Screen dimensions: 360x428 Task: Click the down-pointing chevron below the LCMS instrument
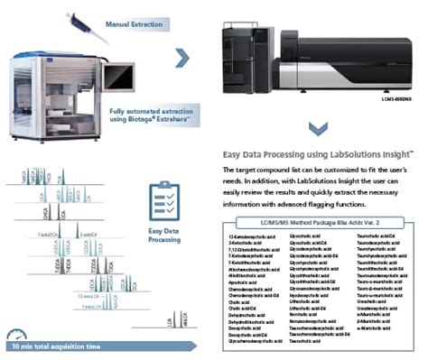pyautogui.click(x=311, y=125)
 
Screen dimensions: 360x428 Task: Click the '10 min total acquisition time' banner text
pyautogui.click(x=63, y=346)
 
